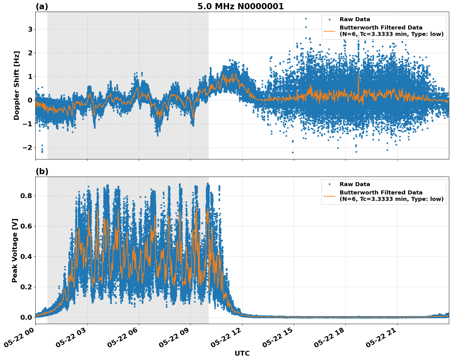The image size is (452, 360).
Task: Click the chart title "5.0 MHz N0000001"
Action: (240, 6)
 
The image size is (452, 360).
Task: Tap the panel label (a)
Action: (42, 6)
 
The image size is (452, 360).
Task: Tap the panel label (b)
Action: (42, 171)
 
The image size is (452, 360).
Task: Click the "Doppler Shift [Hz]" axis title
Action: (17, 85)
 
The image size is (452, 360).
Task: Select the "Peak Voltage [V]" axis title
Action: (15, 250)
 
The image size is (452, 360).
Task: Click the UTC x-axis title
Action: (242, 353)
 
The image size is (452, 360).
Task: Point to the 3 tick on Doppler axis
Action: (30, 29)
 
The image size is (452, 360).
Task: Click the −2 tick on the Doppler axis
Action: (28, 148)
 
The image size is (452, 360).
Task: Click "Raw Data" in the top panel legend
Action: (355, 19)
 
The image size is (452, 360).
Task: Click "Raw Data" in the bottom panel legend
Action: (355, 184)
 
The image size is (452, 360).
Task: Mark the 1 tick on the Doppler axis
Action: (30, 77)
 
